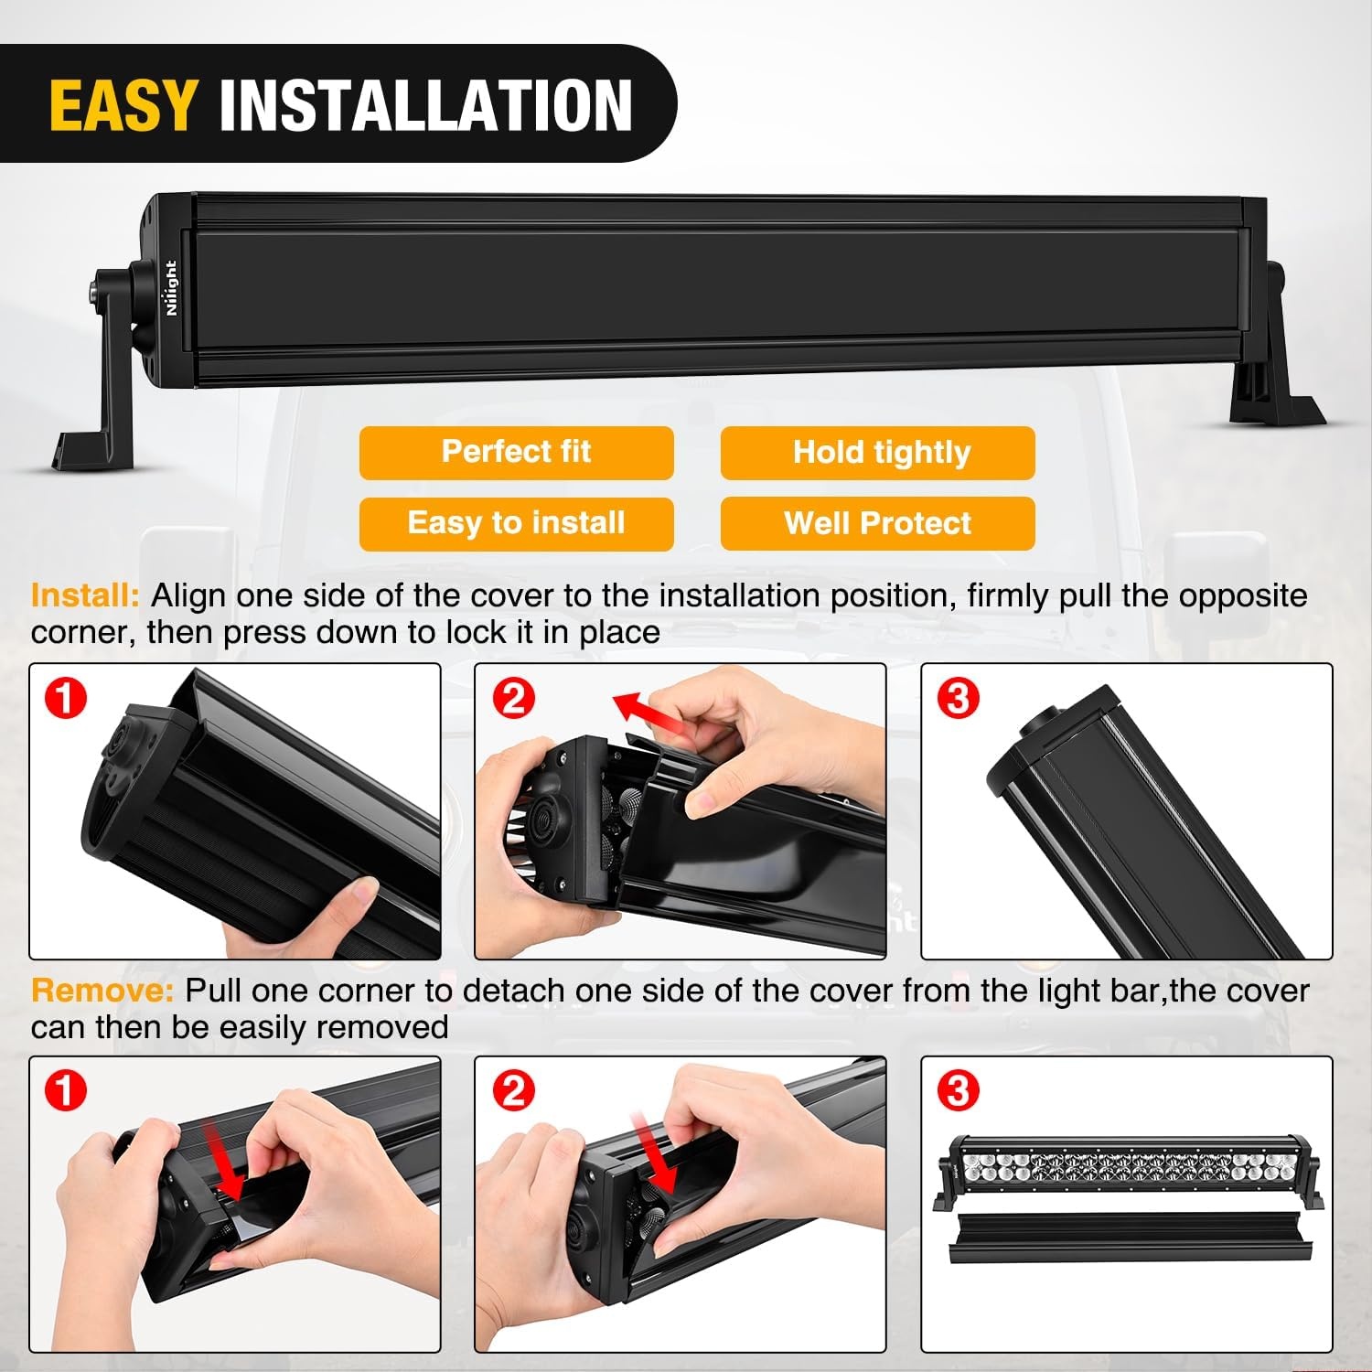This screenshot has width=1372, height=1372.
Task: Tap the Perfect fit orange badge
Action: coord(516,453)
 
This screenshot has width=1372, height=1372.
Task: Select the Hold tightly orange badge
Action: coord(877,453)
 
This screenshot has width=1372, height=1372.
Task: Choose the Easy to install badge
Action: coord(516,524)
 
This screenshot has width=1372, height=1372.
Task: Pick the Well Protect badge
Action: coord(877,524)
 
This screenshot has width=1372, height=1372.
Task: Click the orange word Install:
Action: coord(85,595)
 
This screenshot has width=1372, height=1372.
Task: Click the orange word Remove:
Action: coord(102,991)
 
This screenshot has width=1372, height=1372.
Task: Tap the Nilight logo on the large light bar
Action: coord(171,288)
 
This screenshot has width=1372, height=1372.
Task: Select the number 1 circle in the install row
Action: coord(66,700)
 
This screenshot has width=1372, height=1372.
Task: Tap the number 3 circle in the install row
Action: coord(958,700)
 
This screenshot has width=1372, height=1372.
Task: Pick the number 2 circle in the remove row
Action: coord(512,1092)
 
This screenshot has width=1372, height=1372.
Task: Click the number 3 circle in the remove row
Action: coord(958,1092)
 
